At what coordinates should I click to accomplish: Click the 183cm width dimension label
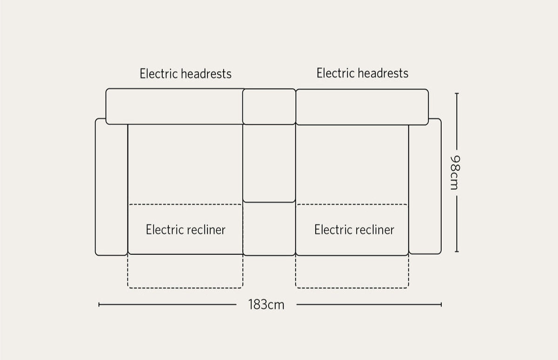266,305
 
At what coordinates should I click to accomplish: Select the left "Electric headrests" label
186,73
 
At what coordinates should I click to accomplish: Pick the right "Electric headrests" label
362,73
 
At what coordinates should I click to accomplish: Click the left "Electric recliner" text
186,229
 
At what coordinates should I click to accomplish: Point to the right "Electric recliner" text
354,229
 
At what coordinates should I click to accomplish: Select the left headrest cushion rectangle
174,107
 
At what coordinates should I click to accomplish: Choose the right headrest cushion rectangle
362,107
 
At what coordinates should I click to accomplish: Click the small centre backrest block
269,107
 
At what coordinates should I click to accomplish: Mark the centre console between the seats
269,163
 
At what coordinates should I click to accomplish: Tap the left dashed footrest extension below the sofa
185,272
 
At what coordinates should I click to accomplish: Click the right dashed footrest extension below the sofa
352,272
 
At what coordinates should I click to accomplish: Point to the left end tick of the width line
100,305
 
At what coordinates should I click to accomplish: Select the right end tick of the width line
441,305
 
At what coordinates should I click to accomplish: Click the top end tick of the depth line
457,93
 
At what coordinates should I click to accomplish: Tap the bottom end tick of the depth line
457,252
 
